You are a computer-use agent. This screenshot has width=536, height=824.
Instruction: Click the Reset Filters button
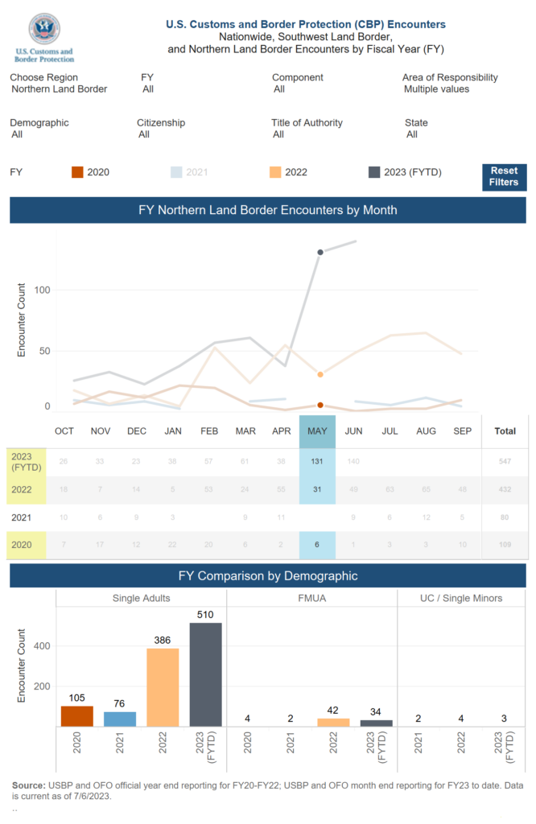coord(505,177)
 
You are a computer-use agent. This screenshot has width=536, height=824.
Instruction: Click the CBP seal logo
coord(44,30)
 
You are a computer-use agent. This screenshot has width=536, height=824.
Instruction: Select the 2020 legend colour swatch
coord(77,172)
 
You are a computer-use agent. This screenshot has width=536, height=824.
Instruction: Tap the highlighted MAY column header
coord(317,431)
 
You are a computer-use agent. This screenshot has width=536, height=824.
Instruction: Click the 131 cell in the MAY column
coord(317,461)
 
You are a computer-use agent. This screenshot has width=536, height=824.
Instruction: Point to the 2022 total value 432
coord(505,489)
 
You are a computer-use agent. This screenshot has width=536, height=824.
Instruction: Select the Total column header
coord(505,431)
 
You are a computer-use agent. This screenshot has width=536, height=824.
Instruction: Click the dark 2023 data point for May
coord(320,253)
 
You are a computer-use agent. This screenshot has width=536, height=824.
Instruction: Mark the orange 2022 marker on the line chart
coord(320,374)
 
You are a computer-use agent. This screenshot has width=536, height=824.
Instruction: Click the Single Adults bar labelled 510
coord(205,674)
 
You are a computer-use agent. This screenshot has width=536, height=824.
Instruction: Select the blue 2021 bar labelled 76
coord(120,719)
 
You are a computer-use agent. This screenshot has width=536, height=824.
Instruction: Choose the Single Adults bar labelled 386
coord(163,687)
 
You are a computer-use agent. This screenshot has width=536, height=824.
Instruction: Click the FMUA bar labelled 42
coord(333,722)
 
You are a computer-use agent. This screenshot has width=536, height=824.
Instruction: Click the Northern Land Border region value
coord(60,89)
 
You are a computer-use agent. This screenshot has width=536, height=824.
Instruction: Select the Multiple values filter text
coord(436,89)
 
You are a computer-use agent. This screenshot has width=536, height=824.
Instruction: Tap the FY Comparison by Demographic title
coord(268,576)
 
